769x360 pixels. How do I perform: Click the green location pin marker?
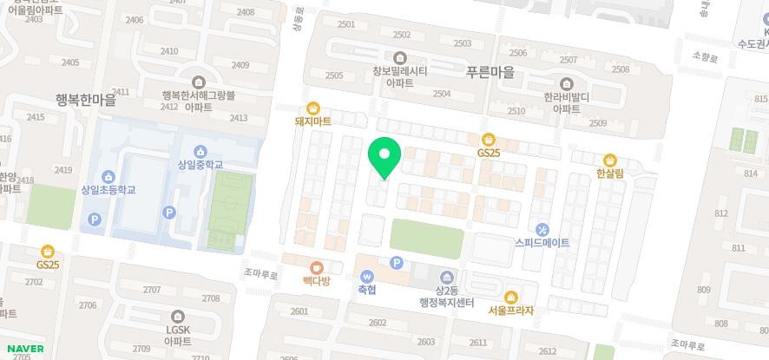click(384, 158)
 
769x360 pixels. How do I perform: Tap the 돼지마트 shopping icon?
click(313, 108)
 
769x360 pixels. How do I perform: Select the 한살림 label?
click(610, 173)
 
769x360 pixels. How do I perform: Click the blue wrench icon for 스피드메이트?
click(542, 230)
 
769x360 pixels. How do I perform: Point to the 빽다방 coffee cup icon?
click(317, 267)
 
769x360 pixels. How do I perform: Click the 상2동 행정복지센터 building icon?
click(448, 276)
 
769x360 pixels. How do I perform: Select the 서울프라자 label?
click(510, 310)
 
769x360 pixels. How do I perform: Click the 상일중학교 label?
click(200, 165)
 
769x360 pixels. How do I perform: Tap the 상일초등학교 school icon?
click(108, 176)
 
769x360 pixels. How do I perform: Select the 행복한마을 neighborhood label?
click(85, 100)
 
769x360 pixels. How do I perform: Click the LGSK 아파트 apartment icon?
click(177, 317)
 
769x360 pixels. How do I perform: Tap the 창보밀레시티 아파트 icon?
click(399, 57)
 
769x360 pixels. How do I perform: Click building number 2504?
click(442, 94)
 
